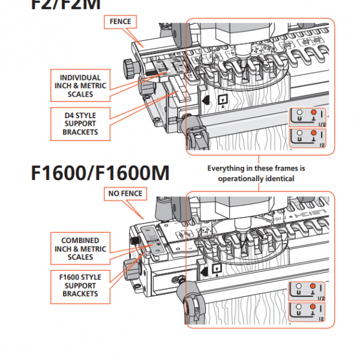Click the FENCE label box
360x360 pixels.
120,22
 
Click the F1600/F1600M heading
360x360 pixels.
100,172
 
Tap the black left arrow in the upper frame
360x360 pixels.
206,100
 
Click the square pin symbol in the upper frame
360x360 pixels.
223,100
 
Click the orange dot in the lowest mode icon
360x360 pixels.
313,308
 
